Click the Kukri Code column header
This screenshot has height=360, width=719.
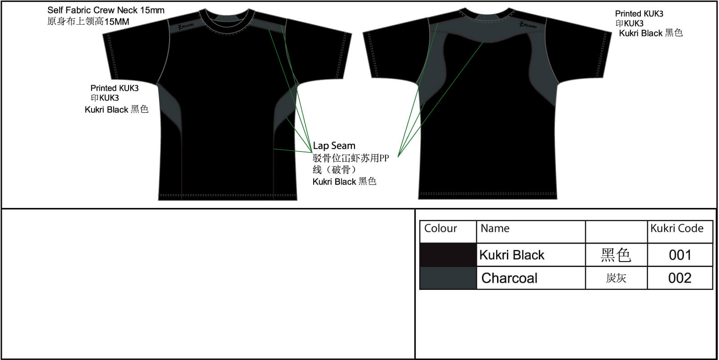tap(677, 228)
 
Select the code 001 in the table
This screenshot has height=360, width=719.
tap(680, 255)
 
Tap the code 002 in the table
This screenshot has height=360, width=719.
tap(679, 278)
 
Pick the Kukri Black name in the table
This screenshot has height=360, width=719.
tap(512, 255)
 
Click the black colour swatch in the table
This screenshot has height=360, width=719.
tap(448, 255)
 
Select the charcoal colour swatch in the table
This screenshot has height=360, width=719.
tap(448, 278)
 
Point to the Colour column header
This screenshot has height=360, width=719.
tap(440, 228)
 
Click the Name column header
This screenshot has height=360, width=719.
tap(495, 228)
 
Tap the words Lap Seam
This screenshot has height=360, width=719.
tap(334, 146)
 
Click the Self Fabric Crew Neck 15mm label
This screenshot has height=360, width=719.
tap(106, 10)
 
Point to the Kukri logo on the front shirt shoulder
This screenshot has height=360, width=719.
tap(186, 26)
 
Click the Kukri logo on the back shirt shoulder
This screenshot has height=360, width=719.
tap(528, 25)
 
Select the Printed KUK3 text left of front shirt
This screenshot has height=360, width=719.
tap(114, 88)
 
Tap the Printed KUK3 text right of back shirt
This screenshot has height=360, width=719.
tap(639, 14)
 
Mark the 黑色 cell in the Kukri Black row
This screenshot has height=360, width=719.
tap(616, 255)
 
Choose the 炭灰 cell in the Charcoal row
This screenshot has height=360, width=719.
tap(616, 278)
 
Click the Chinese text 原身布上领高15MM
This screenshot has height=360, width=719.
tap(88, 22)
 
